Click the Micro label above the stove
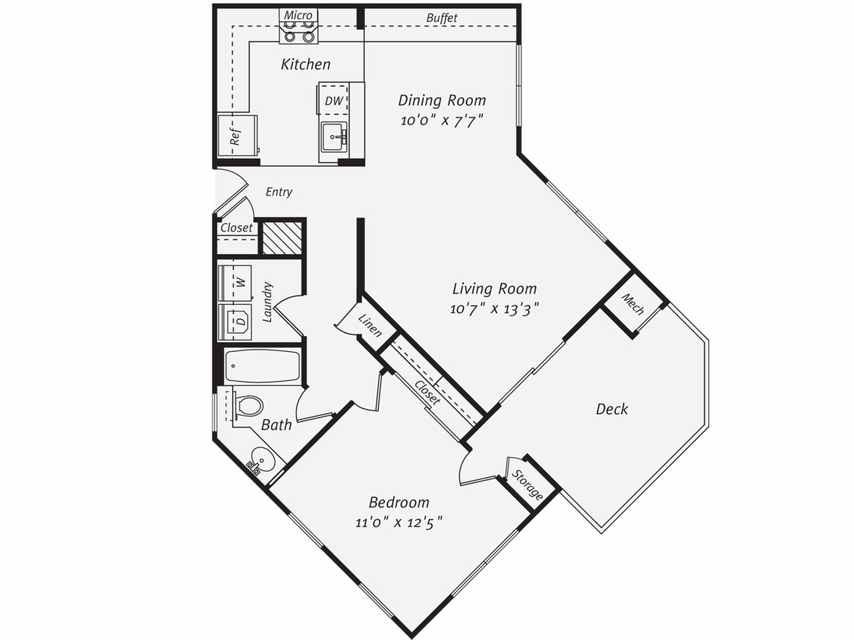[298, 15]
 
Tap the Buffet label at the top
[441, 17]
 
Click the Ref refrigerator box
[236, 136]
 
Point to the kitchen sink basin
[333, 137]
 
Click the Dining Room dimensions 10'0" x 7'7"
[442, 120]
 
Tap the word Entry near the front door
[279, 192]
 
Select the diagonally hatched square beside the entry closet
[282, 237]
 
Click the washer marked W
[235, 283]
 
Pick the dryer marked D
[235, 322]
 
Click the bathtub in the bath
[263, 366]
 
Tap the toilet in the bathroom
[247, 406]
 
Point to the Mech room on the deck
[632, 304]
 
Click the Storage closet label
[528, 485]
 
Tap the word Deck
[611, 409]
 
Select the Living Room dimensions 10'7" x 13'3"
[494, 308]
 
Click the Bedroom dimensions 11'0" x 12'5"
[399, 522]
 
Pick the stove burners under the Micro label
[298, 31]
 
